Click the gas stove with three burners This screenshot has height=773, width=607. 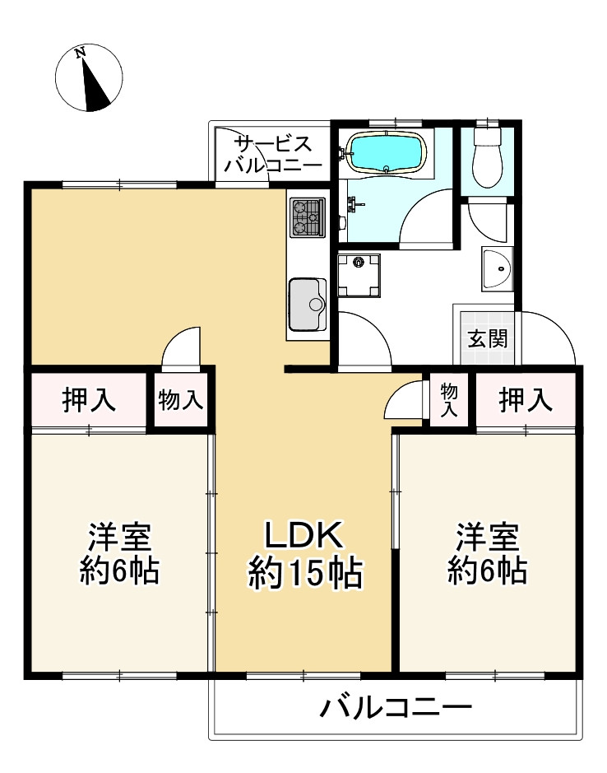[x=308, y=217]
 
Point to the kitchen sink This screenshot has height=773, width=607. [x=308, y=304]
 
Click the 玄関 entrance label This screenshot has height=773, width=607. [x=488, y=338]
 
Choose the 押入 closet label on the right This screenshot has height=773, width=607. [x=525, y=401]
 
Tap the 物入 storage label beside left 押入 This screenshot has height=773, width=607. [x=180, y=401]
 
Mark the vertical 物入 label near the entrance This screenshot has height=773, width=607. [x=448, y=399]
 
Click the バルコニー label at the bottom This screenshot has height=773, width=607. [x=396, y=707]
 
